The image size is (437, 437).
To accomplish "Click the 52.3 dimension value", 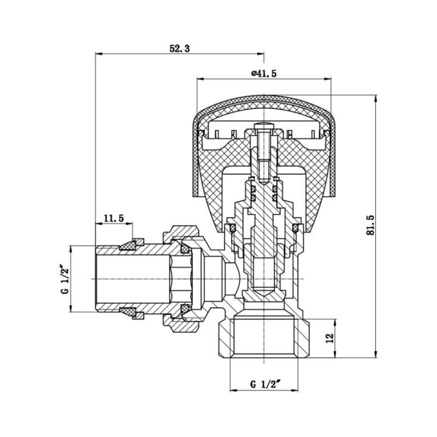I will [179, 49].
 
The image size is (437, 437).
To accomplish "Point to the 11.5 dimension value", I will [114, 218].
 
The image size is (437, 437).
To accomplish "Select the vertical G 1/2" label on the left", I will [64, 280].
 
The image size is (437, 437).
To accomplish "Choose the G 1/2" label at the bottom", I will [265, 384].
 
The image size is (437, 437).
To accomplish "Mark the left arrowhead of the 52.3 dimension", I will [99, 54].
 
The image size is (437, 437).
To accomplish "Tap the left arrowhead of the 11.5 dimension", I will [99, 224].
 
